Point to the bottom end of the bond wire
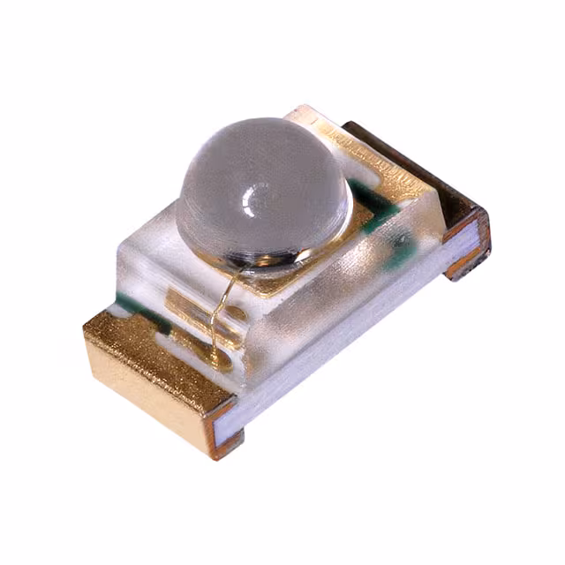[213, 353]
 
